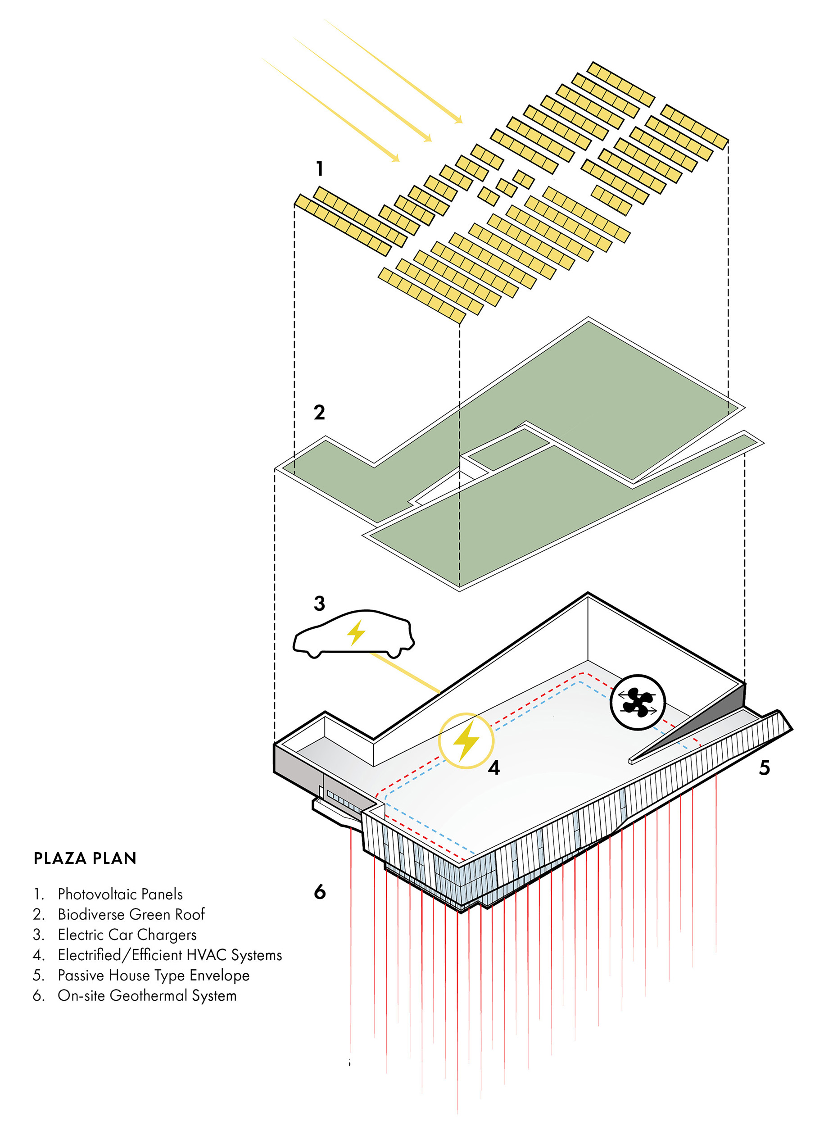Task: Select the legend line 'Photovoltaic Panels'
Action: pos(120,894)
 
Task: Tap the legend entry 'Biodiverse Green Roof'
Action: pos(131,914)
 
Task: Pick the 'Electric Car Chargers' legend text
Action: pos(127,935)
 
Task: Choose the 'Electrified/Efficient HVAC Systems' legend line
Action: pos(170,954)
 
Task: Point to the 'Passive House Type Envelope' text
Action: pos(153,975)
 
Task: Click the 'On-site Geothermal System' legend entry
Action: pos(147,995)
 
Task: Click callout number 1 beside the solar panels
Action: pos(319,168)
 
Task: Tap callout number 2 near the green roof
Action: pos(319,413)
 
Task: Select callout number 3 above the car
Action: pos(319,604)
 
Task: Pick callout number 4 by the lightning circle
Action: pos(493,767)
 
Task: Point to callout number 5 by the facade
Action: pos(765,767)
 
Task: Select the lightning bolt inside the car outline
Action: pos(356,633)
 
